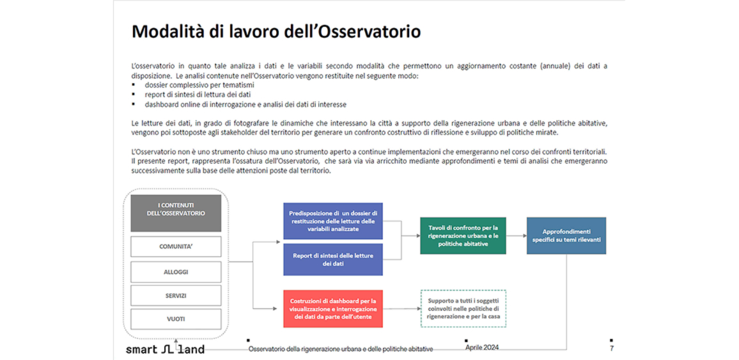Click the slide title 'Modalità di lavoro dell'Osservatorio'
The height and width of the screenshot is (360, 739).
(276, 32)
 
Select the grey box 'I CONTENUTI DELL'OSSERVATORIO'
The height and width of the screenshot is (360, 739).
(176, 213)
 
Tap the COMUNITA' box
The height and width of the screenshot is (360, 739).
(176, 246)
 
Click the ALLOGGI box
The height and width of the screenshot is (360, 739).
(176, 272)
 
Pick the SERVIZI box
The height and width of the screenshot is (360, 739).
(176, 295)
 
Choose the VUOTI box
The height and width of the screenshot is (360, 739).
(176, 318)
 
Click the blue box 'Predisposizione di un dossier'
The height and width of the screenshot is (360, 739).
(332, 221)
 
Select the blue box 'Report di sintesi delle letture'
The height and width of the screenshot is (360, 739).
(332, 259)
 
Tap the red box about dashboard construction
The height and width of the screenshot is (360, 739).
(332, 309)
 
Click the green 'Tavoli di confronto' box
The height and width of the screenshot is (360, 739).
(463, 235)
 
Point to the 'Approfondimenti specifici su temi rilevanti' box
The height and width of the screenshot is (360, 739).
(566, 235)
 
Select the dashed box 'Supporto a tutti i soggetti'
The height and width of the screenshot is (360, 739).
(463, 308)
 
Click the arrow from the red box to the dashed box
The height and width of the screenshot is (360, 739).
(401, 309)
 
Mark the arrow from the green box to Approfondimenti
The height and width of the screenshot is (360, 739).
(516, 235)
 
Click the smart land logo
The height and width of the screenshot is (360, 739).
(165, 349)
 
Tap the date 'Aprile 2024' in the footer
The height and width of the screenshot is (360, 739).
(482, 348)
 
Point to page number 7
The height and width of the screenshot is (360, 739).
(611, 348)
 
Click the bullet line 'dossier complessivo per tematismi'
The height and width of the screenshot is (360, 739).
(199, 85)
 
